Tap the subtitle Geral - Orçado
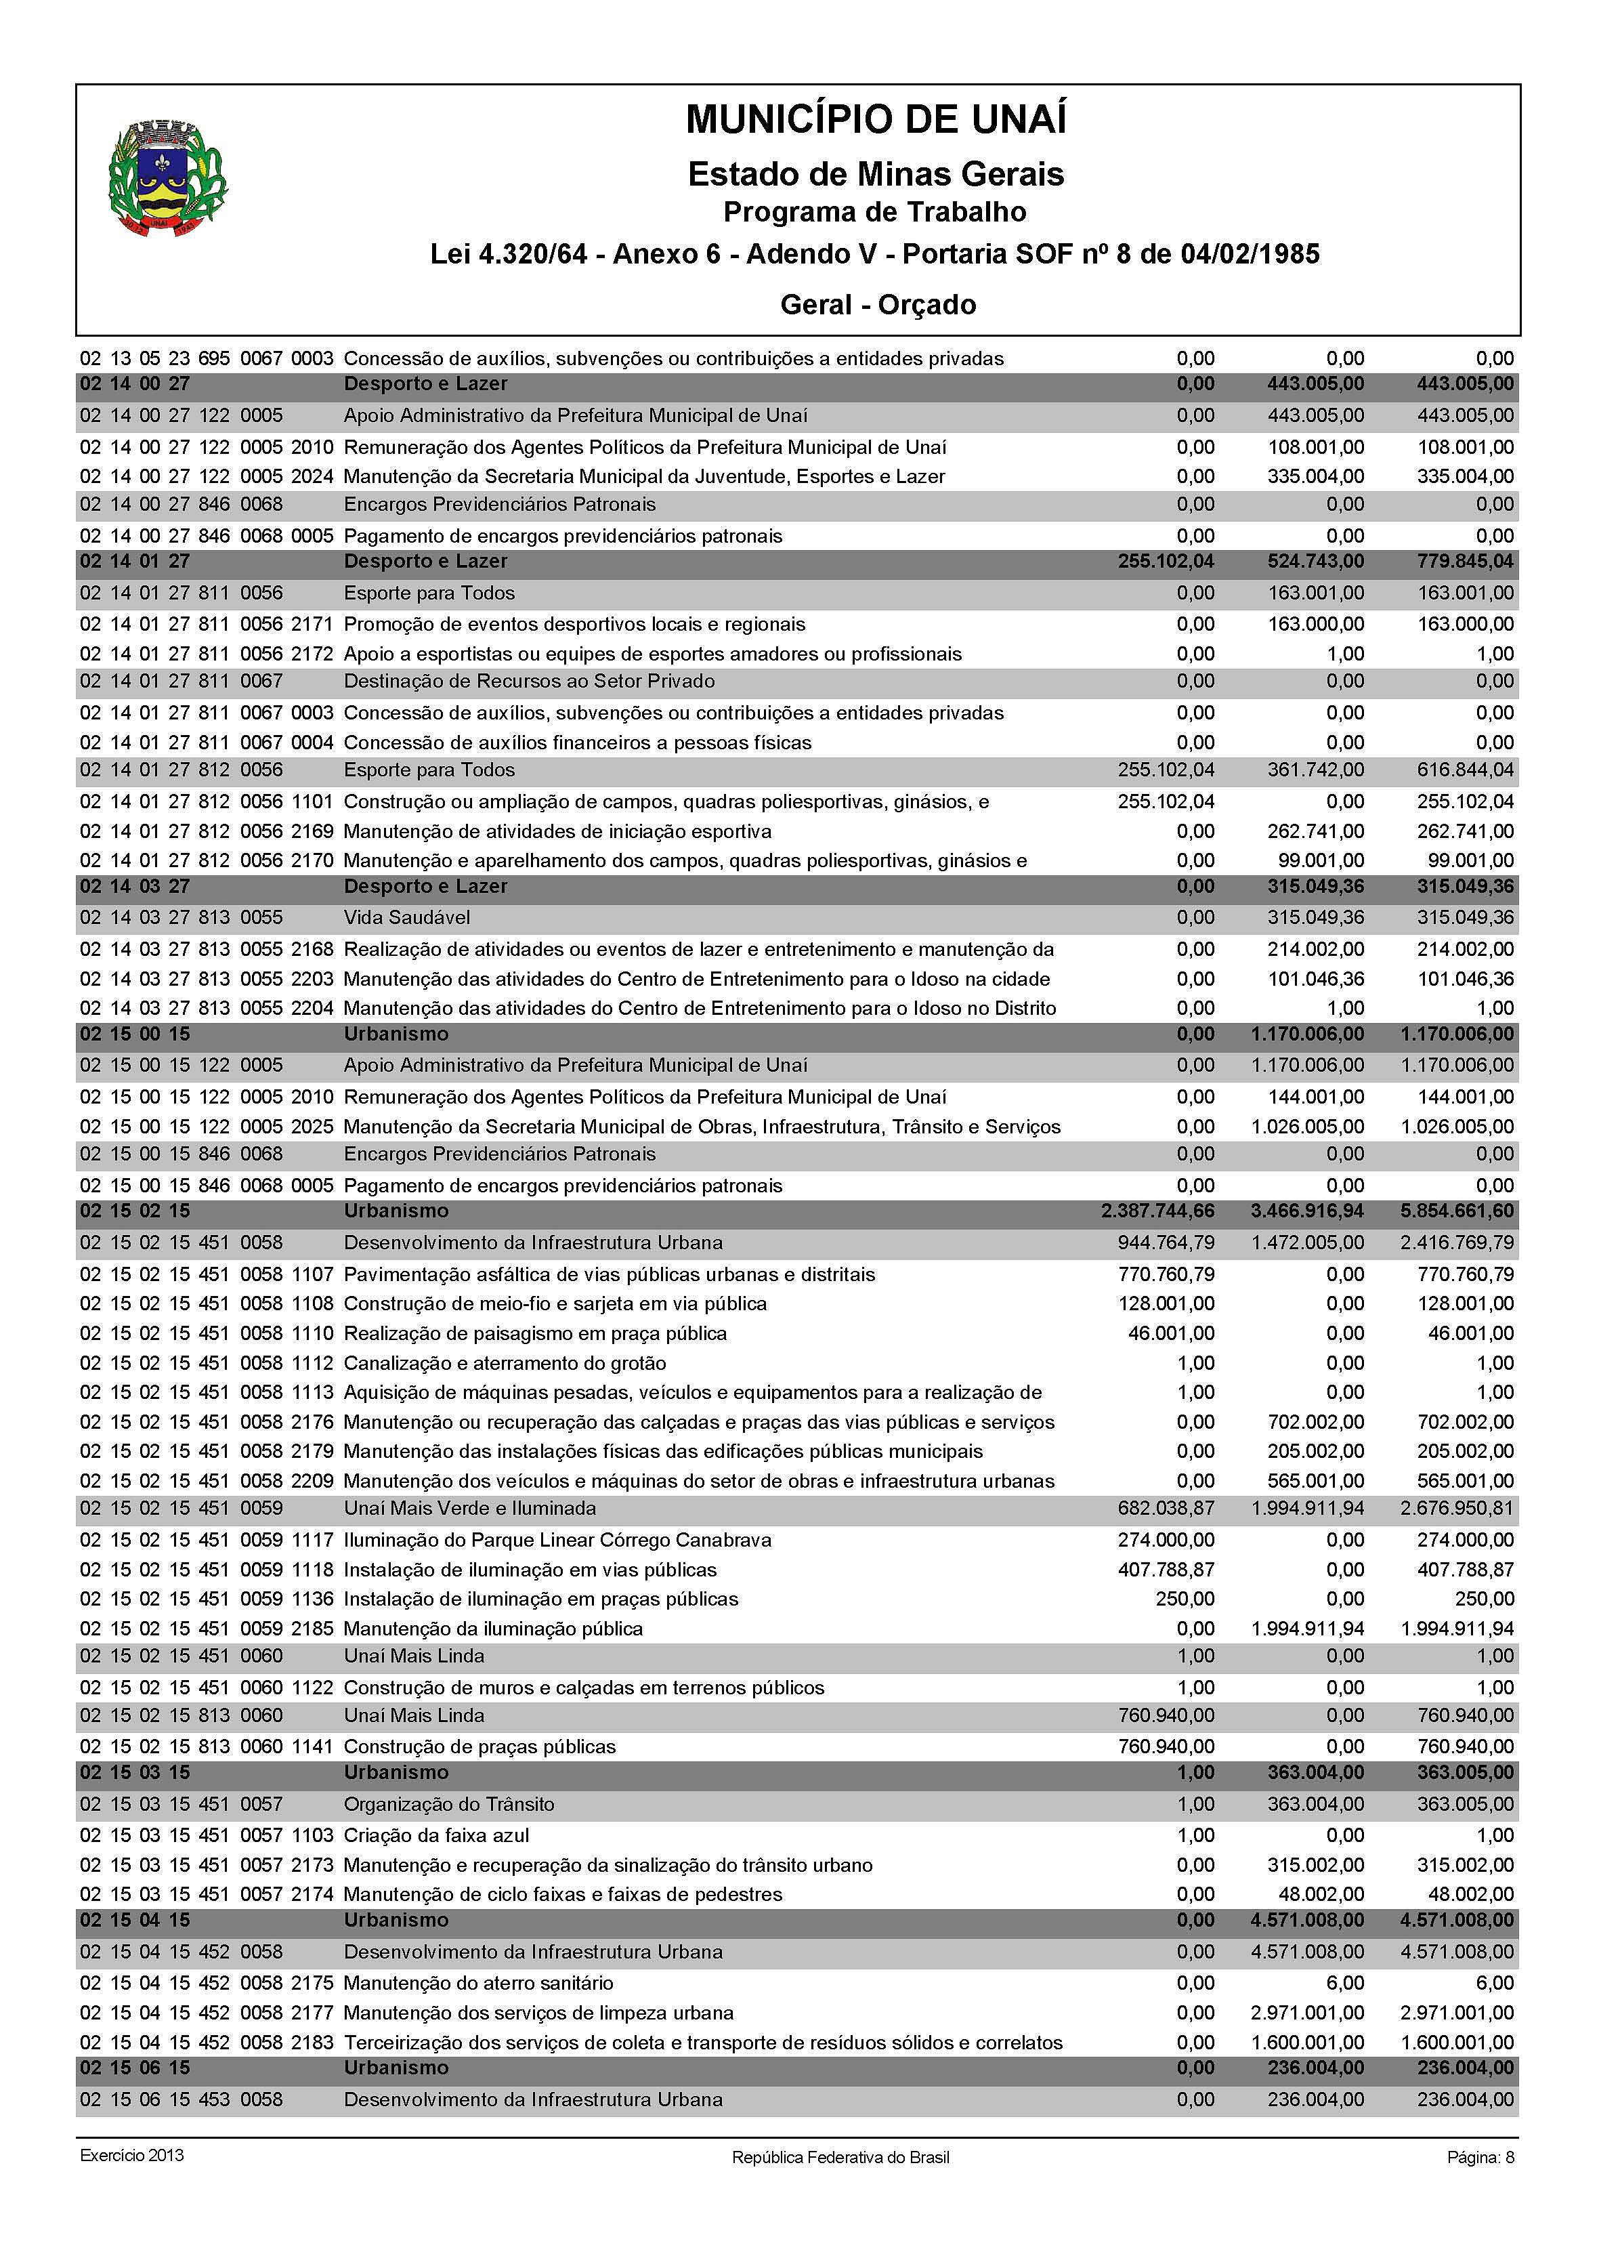click(877, 304)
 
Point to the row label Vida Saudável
click(406, 918)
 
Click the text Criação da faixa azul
click(436, 1836)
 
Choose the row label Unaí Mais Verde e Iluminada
click(469, 1509)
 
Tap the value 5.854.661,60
click(1457, 1211)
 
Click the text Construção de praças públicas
click(479, 1747)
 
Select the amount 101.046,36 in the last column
click(1465, 979)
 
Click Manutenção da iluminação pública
click(492, 1629)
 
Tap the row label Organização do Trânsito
click(449, 1804)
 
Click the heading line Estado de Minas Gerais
click(875, 174)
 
